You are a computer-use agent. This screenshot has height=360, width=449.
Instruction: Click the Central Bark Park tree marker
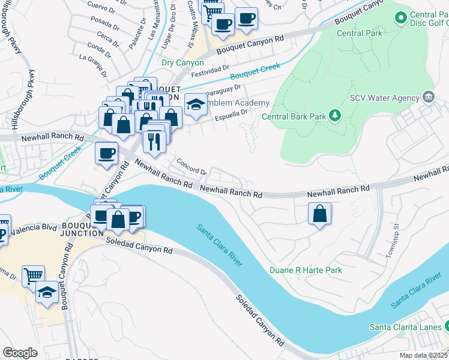point(334,115)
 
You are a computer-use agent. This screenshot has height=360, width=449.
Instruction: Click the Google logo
point(20,352)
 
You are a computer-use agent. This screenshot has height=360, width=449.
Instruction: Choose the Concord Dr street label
point(191,167)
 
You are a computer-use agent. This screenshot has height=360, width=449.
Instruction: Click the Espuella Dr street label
point(231,114)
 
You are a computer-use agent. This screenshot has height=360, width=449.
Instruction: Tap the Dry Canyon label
point(183,62)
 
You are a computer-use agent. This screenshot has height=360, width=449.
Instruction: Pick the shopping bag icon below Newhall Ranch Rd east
point(320,213)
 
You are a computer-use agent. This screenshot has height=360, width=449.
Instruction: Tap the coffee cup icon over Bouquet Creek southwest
point(106,152)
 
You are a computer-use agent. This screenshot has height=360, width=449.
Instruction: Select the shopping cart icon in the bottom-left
point(33,275)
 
